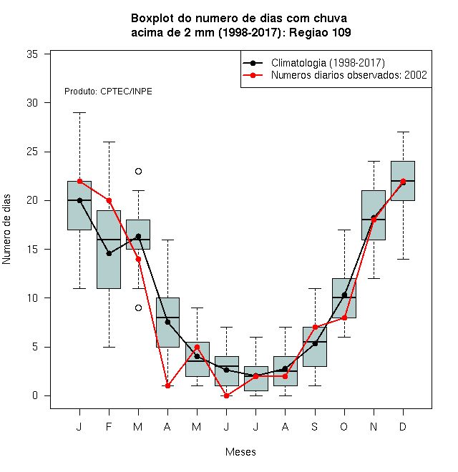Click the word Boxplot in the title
(x=152, y=19)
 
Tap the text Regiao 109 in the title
(x=320, y=32)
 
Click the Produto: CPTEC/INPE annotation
(x=108, y=92)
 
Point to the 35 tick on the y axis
(x=32, y=54)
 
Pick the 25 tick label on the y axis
(x=32, y=152)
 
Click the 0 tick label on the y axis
(x=35, y=395)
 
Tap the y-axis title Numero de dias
(x=6, y=230)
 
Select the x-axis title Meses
(x=240, y=452)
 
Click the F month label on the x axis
(x=109, y=426)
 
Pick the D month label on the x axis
(x=403, y=426)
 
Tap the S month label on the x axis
(x=315, y=426)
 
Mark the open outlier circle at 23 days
(x=138, y=172)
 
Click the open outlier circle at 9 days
(x=138, y=308)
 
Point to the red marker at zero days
(x=227, y=395)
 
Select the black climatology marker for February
(x=109, y=253)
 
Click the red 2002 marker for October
(x=344, y=318)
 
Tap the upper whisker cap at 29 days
(x=79, y=112)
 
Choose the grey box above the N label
(x=374, y=215)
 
